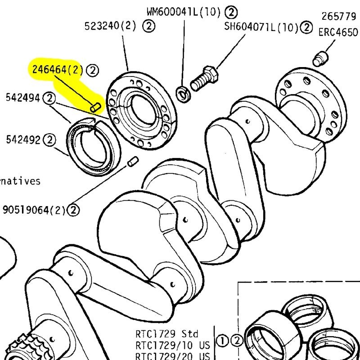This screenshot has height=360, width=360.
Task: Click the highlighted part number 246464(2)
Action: coord(57,70)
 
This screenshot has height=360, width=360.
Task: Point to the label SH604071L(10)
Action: coord(261,27)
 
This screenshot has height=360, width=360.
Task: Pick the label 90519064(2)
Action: coord(34,210)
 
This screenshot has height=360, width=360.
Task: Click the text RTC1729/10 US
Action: coord(173,345)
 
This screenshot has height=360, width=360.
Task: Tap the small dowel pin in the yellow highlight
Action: coord(94,107)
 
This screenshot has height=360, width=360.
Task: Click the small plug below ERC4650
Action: coord(319,58)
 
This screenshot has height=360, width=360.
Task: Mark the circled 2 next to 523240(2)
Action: coord(149,26)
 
